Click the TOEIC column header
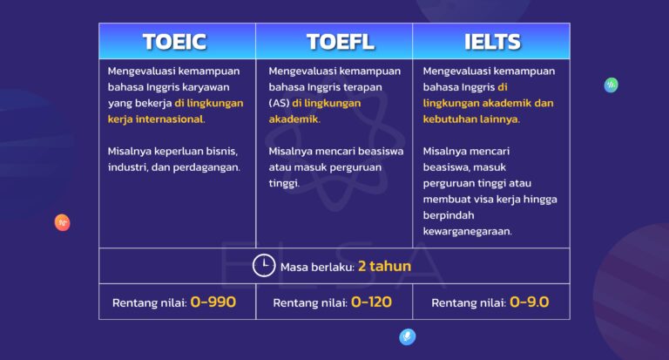tap(175, 41)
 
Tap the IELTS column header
tap(492, 41)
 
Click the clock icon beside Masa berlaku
tap(263, 266)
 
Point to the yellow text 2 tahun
tap(384, 266)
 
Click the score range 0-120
tap(371, 303)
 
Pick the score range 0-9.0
tap(529, 303)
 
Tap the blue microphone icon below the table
tap(407, 337)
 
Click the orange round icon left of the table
tap(62, 222)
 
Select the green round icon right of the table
tap(612, 85)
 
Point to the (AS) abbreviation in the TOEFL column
tap(278, 103)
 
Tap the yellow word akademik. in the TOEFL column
tap(294, 119)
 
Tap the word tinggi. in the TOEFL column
tap(284, 182)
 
